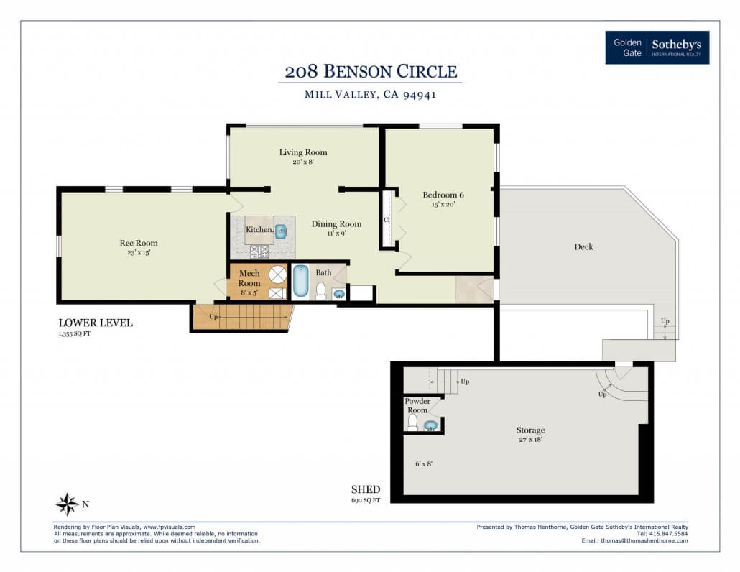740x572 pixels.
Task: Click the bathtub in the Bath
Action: pyautogui.click(x=300, y=281)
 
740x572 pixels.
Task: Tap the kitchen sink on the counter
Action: pyautogui.click(x=281, y=231)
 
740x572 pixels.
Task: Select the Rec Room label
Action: pyautogui.click(x=138, y=243)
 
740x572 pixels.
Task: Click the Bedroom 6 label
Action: pyautogui.click(x=443, y=195)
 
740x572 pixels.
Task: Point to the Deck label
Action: pyautogui.click(x=584, y=246)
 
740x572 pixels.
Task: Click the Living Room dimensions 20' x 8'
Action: pyautogui.click(x=303, y=162)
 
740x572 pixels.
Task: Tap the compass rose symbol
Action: pyautogui.click(x=67, y=504)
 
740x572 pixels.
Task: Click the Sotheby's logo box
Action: pyautogui.click(x=657, y=47)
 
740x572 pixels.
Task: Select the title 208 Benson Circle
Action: pyautogui.click(x=371, y=71)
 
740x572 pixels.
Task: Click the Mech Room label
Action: pyautogui.click(x=249, y=278)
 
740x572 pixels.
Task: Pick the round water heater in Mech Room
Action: pyautogui.click(x=277, y=275)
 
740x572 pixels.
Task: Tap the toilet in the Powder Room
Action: pyautogui.click(x=412, y=423)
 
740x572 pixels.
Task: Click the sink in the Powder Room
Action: pyautogui.click(x=430, y=426)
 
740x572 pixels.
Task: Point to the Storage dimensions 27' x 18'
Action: pyautogui.click(x=530, y=439)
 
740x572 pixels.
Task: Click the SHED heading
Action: pyautogui.click(x=366, y=489)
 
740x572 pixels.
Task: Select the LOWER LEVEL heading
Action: pyautogui.click(x=96, y=323)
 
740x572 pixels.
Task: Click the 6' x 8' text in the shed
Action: pyautogui.click(x=424, y=464)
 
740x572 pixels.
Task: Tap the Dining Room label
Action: pyautogui.click(x=336, y=224)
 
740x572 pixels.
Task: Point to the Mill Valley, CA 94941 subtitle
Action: pyautogui.click(x=371, y=94)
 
